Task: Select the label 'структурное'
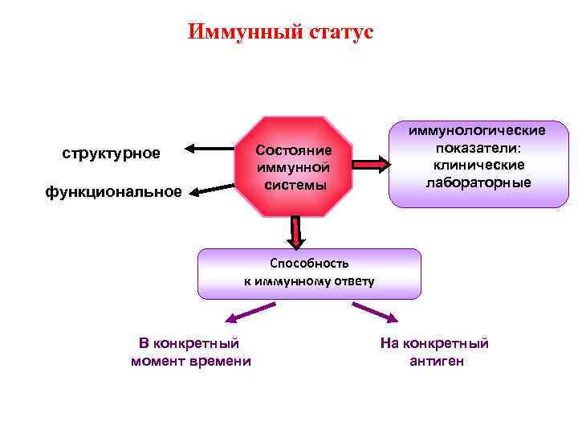pos(111,153)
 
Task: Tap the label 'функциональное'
pos(113,192)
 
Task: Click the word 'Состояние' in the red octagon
pos(293,152)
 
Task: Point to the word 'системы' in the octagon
pos(293,185)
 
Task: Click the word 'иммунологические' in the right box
pos(478,129)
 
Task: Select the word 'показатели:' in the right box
pos(478,147)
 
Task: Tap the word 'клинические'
pos(478,165)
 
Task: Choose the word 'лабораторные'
pos(478,182)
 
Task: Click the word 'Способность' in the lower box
pos(309,263)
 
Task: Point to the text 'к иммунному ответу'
pos(309,280)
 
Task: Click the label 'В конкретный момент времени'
pos(190,353)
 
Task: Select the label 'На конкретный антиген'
pos(435,353)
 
